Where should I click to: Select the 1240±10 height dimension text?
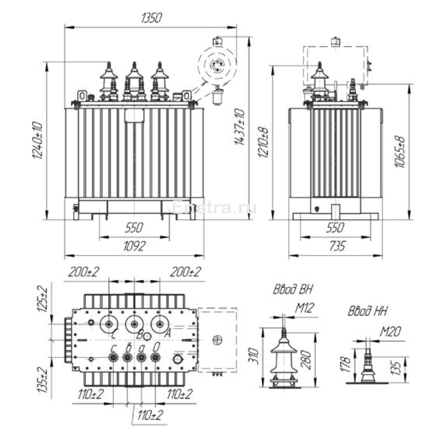[x=37, y=142]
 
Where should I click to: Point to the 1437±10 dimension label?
[x=241, y=127]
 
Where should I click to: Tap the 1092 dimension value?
[x=134, y=246]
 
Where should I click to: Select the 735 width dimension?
[x=335, y=246]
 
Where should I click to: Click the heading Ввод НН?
[x=367, y=311]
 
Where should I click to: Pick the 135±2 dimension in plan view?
[x=43, y=378]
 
